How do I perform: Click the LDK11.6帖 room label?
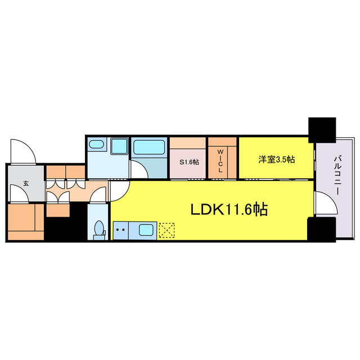(229, 209)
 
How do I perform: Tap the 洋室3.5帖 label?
(276, 159)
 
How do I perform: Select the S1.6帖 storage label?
(189, 162)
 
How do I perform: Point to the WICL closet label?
(220, 161)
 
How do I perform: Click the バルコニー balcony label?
(337, 175)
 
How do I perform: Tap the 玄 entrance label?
(26, 183)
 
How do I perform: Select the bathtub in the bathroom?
(149, 147)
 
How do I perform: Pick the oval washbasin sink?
(96, 145)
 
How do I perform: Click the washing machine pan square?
(119, 146)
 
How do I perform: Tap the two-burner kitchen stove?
(120, 231)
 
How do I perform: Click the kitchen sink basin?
(146, 230)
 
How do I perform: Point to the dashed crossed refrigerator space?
(166, 230)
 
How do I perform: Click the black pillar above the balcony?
(322, 130)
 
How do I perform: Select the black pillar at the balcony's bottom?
(321, 229)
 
